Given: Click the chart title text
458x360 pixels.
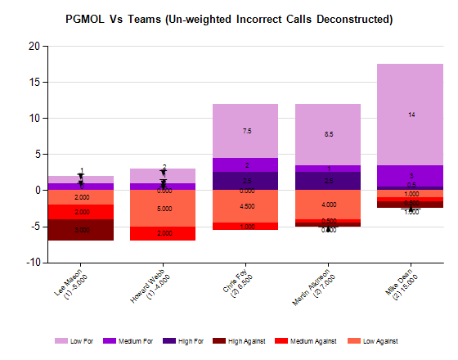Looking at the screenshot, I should [x=228, y=18].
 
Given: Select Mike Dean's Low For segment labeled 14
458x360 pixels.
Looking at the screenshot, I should [x=411, y=115].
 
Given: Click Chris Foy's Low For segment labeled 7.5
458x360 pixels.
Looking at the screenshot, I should [x=245, y=131].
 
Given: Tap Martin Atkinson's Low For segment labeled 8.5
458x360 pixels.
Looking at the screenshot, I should [x=328, y=134].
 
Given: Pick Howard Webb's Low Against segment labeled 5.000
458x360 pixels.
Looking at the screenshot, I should [x=163, y=208].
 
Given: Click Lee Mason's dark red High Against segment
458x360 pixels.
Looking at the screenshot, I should [x=80, y=231].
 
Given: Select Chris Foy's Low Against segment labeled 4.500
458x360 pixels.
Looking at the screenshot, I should [x=245, y=206].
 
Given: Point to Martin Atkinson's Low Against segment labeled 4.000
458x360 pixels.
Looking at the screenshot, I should [x=328, y=205].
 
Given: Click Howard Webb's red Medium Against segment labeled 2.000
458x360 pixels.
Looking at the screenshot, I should [x=163, y=233].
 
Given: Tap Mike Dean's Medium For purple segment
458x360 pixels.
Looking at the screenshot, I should [x=411, y=175].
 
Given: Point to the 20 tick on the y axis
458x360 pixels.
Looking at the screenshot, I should [x=34, y=47].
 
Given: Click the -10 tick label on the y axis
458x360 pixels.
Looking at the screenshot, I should [x=32, y=263].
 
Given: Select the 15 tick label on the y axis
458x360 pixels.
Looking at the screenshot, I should [x=34, y=83].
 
